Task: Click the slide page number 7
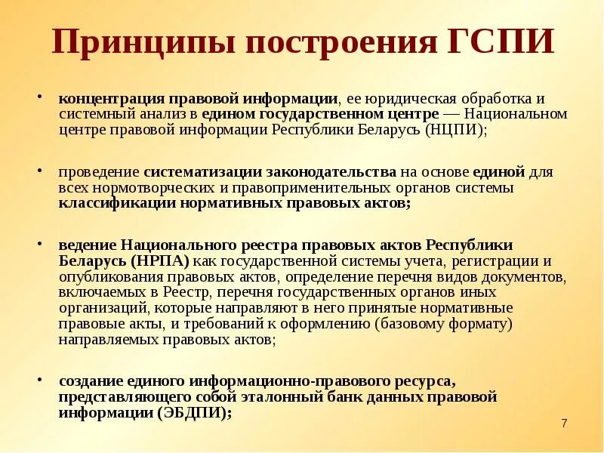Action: [x=565, y=423]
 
